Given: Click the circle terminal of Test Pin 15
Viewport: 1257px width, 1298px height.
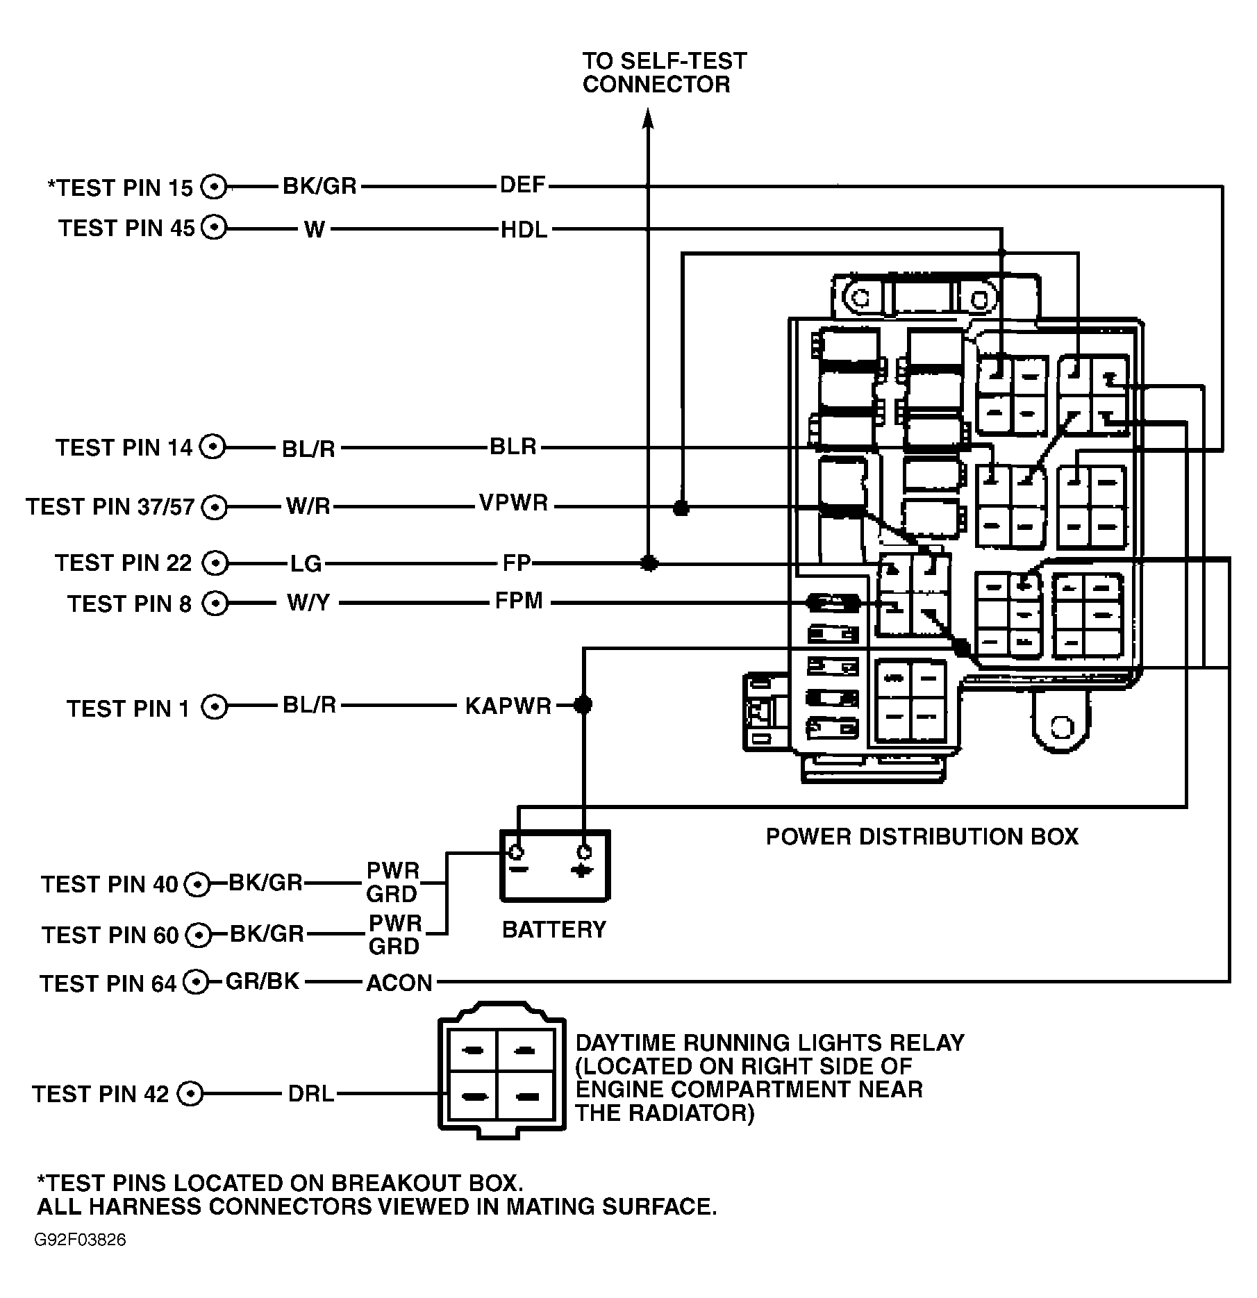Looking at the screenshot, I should click(x=214, y=187).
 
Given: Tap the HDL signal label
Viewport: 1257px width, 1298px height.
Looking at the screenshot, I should click(x=524, y=229).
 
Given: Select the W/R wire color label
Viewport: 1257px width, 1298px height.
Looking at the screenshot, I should click(x=308, y=506).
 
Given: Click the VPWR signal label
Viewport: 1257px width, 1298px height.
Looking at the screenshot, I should click(x=513, y=503).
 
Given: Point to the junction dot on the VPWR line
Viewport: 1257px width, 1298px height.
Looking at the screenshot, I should click(x=681, y=508).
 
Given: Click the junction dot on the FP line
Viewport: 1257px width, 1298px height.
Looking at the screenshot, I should click(x=649, y=563).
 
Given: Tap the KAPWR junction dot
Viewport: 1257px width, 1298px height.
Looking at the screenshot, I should click(x=583, y=706).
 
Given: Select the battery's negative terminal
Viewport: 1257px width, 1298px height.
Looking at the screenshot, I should click(x=516, y=852).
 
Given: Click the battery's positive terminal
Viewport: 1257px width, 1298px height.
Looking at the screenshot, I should click(x=584, y=852).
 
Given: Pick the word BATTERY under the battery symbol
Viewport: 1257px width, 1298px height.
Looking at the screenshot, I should click(x=553, y=929).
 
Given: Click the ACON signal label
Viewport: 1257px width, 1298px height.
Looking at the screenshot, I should click(x=399, y=983).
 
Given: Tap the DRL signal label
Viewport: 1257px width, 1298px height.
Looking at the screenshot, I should click(x=310, y=1094).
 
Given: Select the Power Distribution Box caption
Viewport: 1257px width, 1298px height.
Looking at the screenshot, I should click(x=922, y=836).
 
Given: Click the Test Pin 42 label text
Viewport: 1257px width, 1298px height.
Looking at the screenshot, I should click(x=100, y=1095).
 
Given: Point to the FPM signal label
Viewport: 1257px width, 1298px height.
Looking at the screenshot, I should click(x=518, y=601).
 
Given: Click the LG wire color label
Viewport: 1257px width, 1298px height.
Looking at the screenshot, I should click(x=306, y=563).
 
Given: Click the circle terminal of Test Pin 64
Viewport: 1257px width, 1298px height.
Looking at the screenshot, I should click(x=197, y=982).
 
